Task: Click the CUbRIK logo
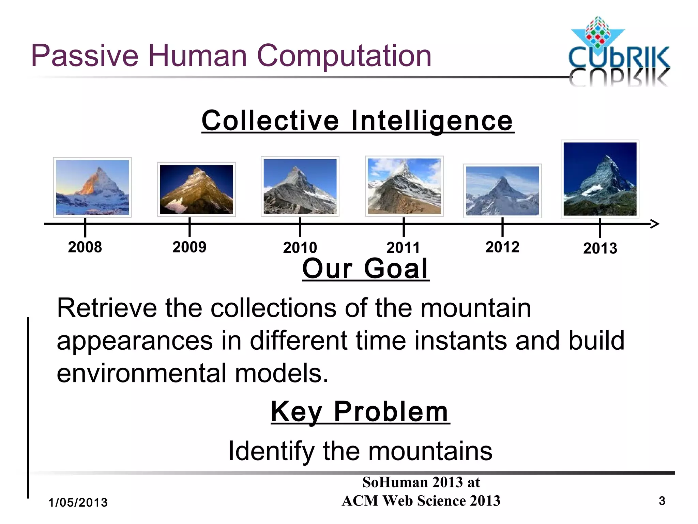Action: coord(619,51)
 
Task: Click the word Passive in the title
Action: coord(85,56)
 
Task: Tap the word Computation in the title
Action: coord(344,56)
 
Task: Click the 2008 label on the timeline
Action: coord(85,247)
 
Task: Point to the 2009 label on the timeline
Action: coord(189,247)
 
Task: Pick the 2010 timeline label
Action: coord(300,248)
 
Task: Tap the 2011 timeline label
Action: coord(403,248)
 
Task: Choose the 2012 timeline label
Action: coord(502,247)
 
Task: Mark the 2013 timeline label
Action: coord(600,248)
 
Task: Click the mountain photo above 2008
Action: coord(92,187)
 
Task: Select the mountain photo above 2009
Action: coord(196,189)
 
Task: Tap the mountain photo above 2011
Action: coord(404,186)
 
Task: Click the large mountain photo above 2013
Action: coord(600,179)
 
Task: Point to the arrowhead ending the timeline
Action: coord(655,224)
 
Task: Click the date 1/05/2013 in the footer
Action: coord(78,503)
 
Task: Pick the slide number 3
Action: coord(662,501)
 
